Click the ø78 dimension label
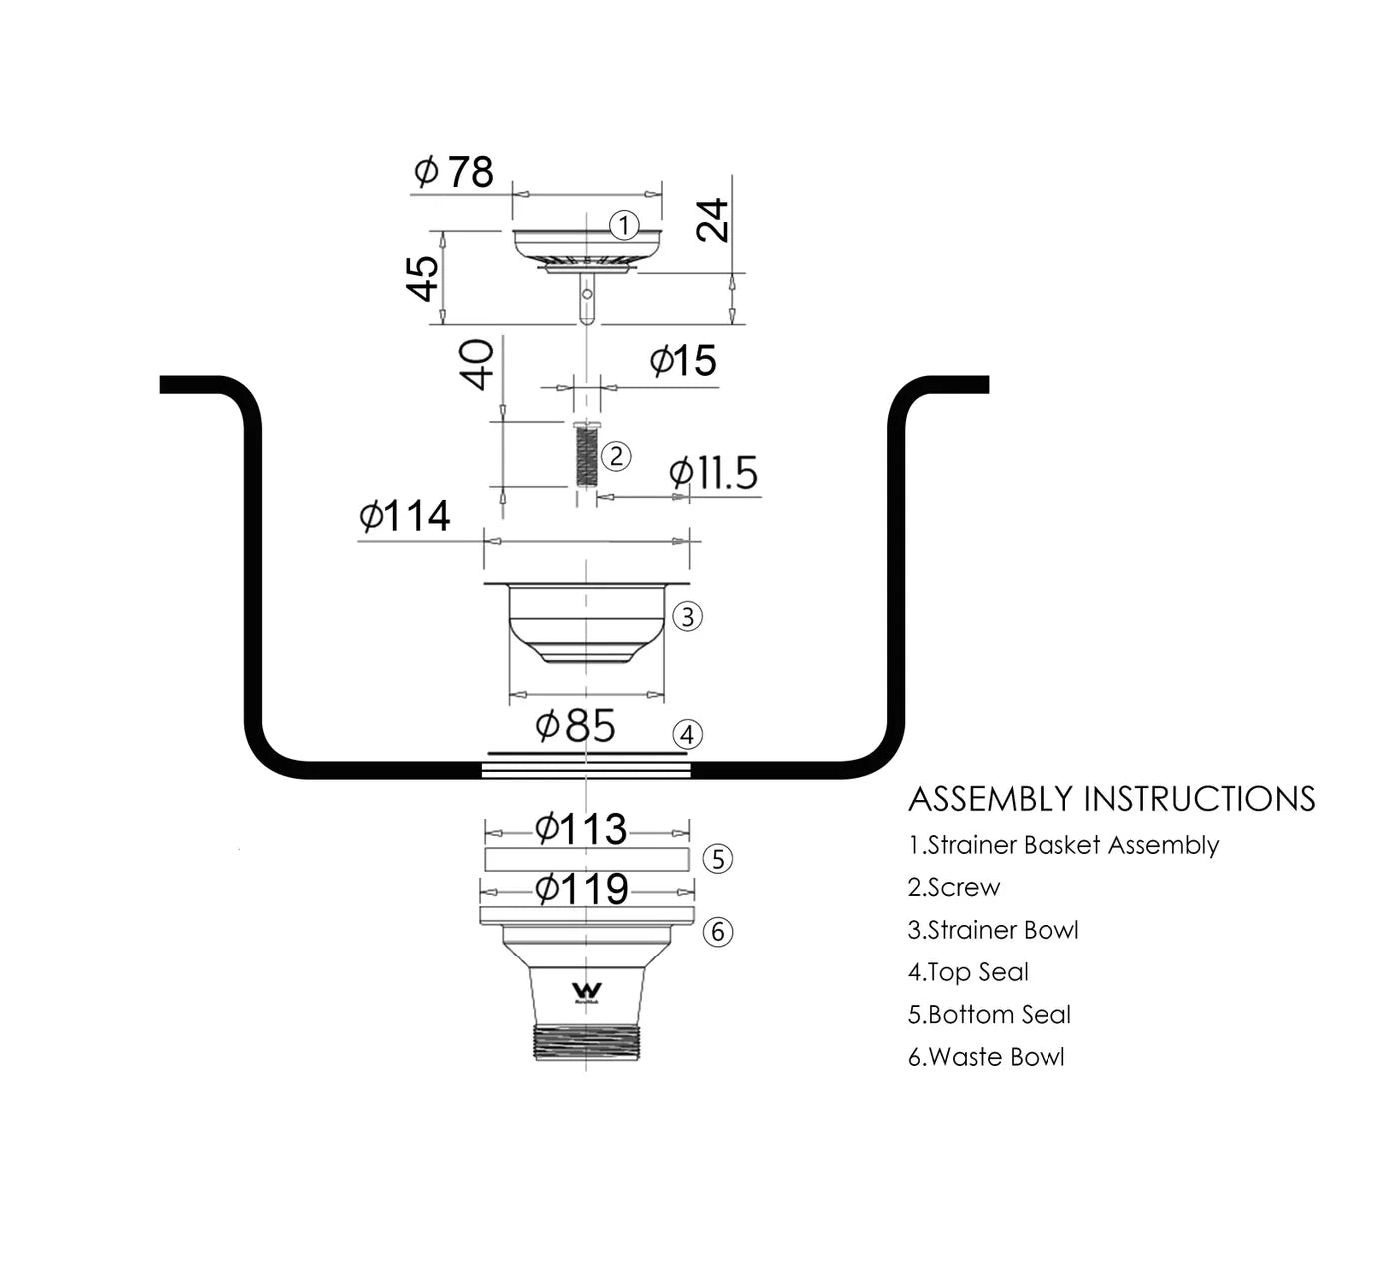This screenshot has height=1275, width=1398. [x=454, y=172]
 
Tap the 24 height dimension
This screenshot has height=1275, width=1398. [x=713, y=220]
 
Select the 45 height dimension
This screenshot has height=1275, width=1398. [x=423, y=278]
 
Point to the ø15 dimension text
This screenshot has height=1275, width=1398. [x=683, y=361]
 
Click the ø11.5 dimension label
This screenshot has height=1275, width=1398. [x=713, y=473]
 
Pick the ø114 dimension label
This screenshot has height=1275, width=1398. [x=405, y=516]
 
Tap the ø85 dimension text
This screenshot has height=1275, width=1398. [x=576, y=726]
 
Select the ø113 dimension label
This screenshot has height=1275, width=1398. [x=581, y=828]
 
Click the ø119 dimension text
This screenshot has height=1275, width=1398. [x=582, y=888]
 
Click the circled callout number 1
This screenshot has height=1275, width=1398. [x=624, y=225]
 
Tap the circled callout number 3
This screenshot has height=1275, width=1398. [x=687, y=616]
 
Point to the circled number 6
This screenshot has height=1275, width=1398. [x=718, y=932]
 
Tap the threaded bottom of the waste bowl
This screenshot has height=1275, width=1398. [x=585, y=1041]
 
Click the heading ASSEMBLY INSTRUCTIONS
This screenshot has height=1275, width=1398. [x=1111, y=799]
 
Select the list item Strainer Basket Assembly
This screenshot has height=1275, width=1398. [x=1063, y=845]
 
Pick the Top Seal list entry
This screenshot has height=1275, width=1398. [x=968, y=972]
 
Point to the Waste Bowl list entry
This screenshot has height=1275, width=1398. [x=986, y=1057]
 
